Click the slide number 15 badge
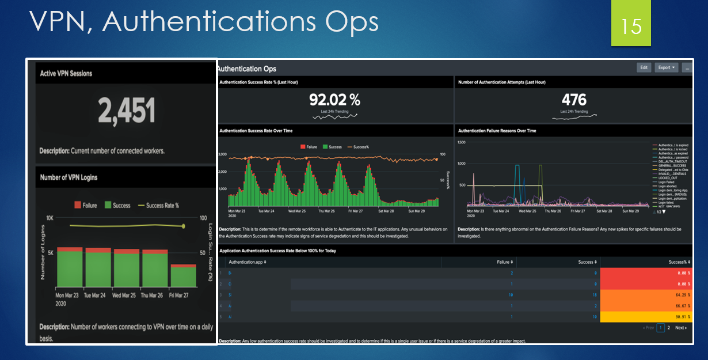click(x=631, y=26)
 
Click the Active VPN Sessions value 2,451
click(x=126, y=111)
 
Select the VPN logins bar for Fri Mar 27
click(x=183, y=275)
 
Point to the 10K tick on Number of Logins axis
click(x=50, y=219)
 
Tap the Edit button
click(x=644, y=67)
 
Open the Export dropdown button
click(x=666, y=67)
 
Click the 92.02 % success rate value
click(x=334, y=100)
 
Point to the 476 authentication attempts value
click(x=574, y=100)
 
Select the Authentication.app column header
click(x=248, y=262)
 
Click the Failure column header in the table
click(x=503, y=262)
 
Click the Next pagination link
click(x=680, y=328)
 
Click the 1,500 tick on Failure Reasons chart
click(x=460, y=142)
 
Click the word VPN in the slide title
click(x=62, y=21)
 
